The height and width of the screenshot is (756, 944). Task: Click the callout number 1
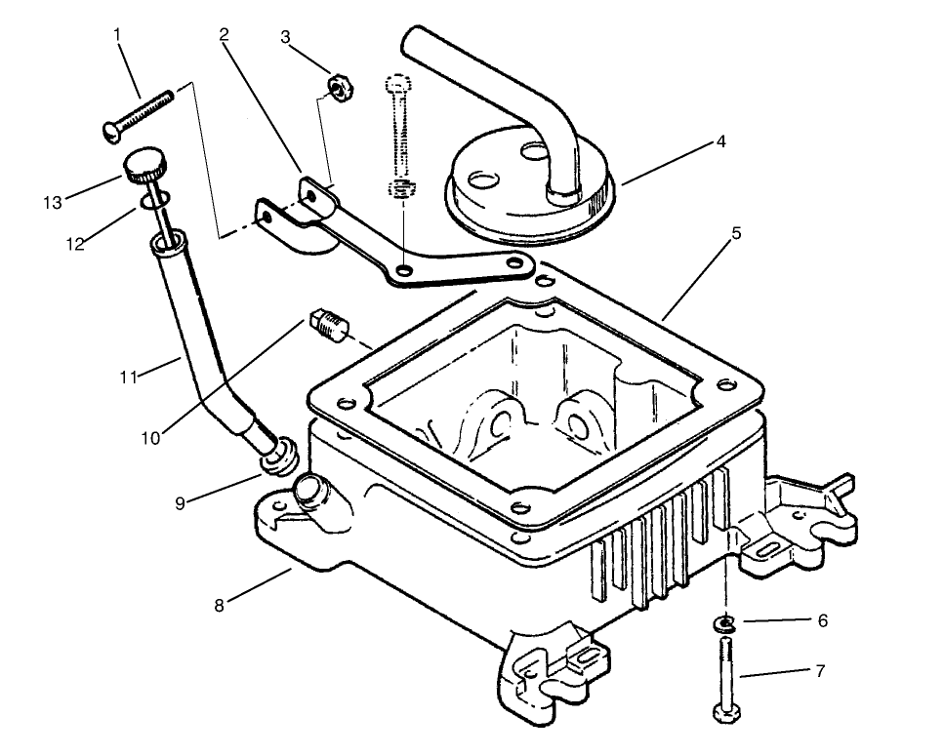[117, 35]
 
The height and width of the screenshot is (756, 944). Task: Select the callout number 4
[720, 141]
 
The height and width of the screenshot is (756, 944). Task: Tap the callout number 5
[736, 233]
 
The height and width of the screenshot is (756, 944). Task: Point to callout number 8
[220, 605]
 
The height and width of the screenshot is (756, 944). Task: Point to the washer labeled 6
[724, 623]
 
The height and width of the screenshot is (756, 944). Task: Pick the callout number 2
[224, 35]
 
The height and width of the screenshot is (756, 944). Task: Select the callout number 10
[149, 438]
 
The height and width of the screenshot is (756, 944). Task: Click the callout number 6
[822, 619]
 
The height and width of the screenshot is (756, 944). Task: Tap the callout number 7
[820, 671]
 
